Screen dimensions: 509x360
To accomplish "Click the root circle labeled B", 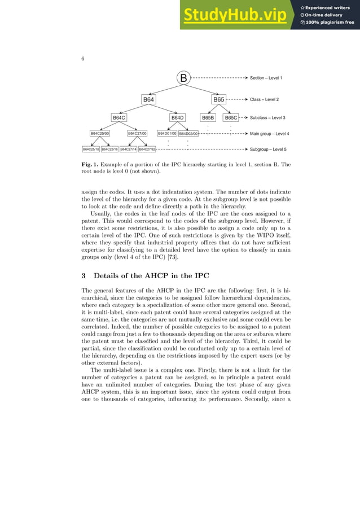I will click(x=183, y=78).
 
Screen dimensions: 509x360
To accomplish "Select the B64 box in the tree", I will click(x=148, y=99).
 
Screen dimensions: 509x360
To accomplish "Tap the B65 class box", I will click(x=218, y=99).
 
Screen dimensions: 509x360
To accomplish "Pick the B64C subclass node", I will click(x=118, y=118).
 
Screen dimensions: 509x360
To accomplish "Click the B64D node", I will click(x=178, y=118).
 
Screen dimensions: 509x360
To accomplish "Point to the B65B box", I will click(x=208, y=118).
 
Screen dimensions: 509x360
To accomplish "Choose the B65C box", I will click(x=231, y=118).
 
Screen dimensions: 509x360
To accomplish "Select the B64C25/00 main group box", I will click(x=100, y=134).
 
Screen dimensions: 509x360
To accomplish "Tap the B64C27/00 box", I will click(x=137, y=134).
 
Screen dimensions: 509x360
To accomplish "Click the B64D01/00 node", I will click(x=167, y=134).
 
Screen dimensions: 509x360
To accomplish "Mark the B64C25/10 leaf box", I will click(x=91, y=150).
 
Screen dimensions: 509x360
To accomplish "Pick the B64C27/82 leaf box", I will click(x=147, y=150).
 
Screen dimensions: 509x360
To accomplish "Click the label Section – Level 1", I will click(x=266, y=77).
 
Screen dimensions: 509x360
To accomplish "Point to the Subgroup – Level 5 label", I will click(x=268, y=150).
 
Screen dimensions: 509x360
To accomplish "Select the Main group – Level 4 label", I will click(x=269, y=134).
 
